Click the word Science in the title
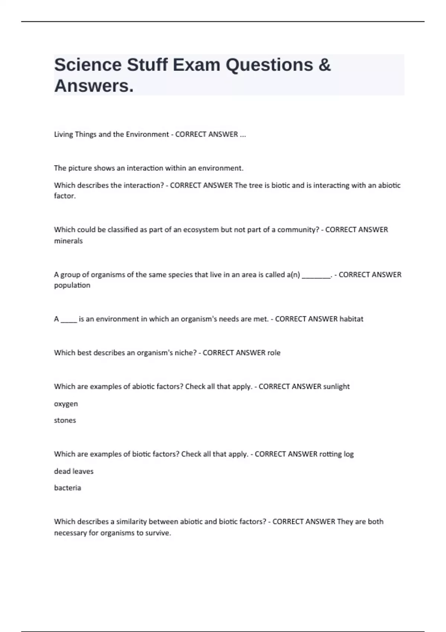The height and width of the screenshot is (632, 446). [88, 65]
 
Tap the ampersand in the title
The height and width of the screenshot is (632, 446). [324, 65]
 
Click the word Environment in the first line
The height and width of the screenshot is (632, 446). [147, 134]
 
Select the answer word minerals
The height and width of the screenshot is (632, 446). [68, 241]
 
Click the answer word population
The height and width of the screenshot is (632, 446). [72, 285]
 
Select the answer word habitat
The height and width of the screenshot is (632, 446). [351, 319]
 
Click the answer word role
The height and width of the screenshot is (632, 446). [274, 353]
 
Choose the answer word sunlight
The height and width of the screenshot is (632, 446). [336, 387]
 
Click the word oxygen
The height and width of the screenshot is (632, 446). [66, 404]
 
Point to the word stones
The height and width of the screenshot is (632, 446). [65, 420]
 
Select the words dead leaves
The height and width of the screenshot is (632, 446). [74, 471]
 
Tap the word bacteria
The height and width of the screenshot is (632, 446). [67, 488]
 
